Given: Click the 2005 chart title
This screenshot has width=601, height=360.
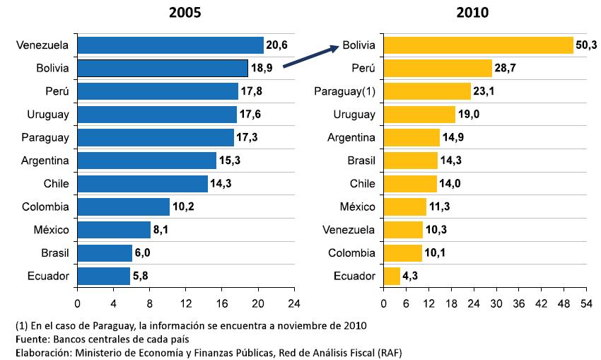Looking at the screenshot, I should pyautogui.click(x=185, y=12).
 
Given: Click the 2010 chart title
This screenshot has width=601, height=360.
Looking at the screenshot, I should pyautogui.click(x=473, y=12).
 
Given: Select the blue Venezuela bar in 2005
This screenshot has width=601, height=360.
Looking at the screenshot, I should pyautogui.click(x=170, y=45).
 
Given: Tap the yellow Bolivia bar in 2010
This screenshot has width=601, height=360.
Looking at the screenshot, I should pyautogui.click(x=478, y=45).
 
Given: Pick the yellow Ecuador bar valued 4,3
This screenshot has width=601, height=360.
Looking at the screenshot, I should pyautogui.click(x=391, y=276).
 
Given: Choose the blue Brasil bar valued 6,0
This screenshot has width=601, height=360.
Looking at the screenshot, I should pyautogui.click(x=104, y=252).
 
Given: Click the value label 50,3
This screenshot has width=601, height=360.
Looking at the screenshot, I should pyautogui.click(x=588, y=45).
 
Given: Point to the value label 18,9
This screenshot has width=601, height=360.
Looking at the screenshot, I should pyautogui.click(x=262, y=69).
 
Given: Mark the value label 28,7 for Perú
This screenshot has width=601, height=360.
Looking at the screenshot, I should pyautogui.click(x=506, y=69).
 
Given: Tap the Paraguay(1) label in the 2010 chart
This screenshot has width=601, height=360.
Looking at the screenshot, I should pyautogui.click(x=344, y=91).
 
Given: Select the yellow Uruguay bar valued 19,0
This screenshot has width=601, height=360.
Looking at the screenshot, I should pyautogui.click(x=419, y=115).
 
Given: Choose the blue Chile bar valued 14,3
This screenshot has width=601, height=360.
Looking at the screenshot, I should pyautogui.click(x=142, y=184).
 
